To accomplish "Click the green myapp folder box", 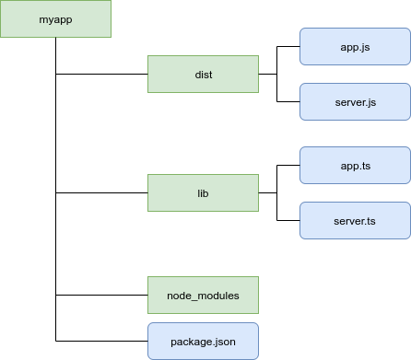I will pos(55,19).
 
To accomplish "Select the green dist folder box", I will pos(204,75).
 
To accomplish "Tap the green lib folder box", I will pos(204,194).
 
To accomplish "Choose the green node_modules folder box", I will pos(204,296).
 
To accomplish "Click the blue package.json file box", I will pos(204,342).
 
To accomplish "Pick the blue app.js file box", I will pos(355,46).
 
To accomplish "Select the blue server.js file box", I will pos(355,101).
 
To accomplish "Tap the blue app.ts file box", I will pos(355,167).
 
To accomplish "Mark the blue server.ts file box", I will pos(355,222).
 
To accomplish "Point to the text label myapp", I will pos(55,19).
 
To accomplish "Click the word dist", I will pos(204,75).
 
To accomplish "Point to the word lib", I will pos(204,194).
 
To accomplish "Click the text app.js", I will pos(355,46).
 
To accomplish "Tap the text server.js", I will pos(355,101).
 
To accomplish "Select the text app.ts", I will pos(355,167).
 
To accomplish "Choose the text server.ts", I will pos(355,222).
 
